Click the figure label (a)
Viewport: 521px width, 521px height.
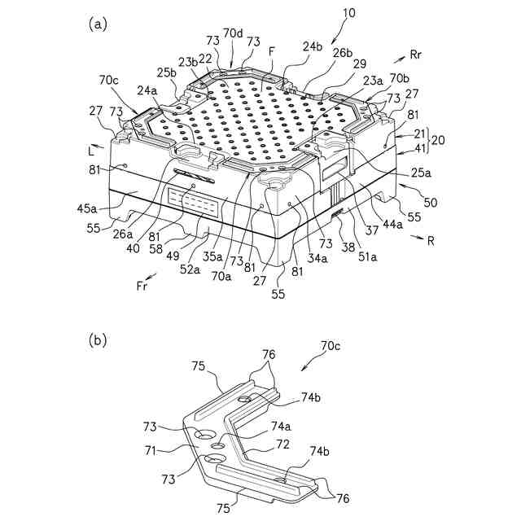tap(98, 24)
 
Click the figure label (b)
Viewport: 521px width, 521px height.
tap(98, 339)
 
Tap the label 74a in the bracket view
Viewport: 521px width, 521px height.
tap(281, 426)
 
